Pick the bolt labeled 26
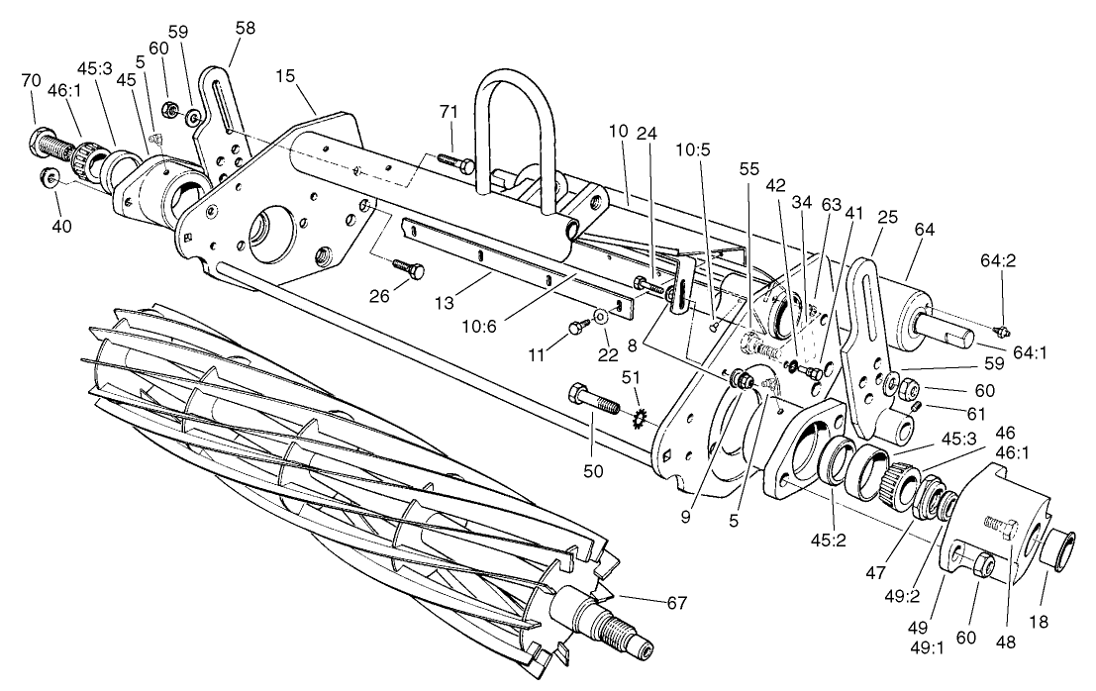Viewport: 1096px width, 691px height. pos(410,267)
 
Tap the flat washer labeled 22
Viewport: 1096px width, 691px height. pos(600,319)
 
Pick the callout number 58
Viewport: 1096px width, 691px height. pos(244,30)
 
